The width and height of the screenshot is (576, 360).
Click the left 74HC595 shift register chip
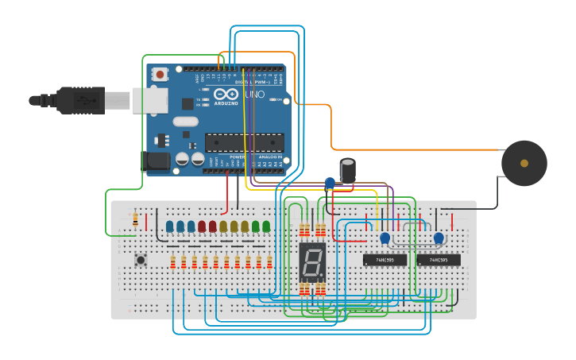click(385, 259)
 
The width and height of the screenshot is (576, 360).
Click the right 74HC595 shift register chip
click(438, 259)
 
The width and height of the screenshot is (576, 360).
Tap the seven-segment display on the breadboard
click(312, 261)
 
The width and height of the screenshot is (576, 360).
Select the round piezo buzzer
click(524, 163)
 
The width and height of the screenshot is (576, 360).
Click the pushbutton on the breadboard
click(141, 259)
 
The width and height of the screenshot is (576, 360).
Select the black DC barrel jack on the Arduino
click(156, 162)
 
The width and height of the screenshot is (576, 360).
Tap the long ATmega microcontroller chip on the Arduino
click(244, 142)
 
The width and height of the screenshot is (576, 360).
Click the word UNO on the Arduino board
click(254, 95)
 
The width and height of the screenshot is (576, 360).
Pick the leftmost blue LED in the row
click(170, 227)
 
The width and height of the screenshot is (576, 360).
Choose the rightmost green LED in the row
click(266, 227)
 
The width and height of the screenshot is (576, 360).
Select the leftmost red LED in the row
click(202, 227)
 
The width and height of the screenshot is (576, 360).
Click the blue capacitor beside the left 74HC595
click(385, 238)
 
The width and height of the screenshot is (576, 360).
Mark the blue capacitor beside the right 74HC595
click(438, 237)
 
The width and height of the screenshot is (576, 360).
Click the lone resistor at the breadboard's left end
click(135, 218)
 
